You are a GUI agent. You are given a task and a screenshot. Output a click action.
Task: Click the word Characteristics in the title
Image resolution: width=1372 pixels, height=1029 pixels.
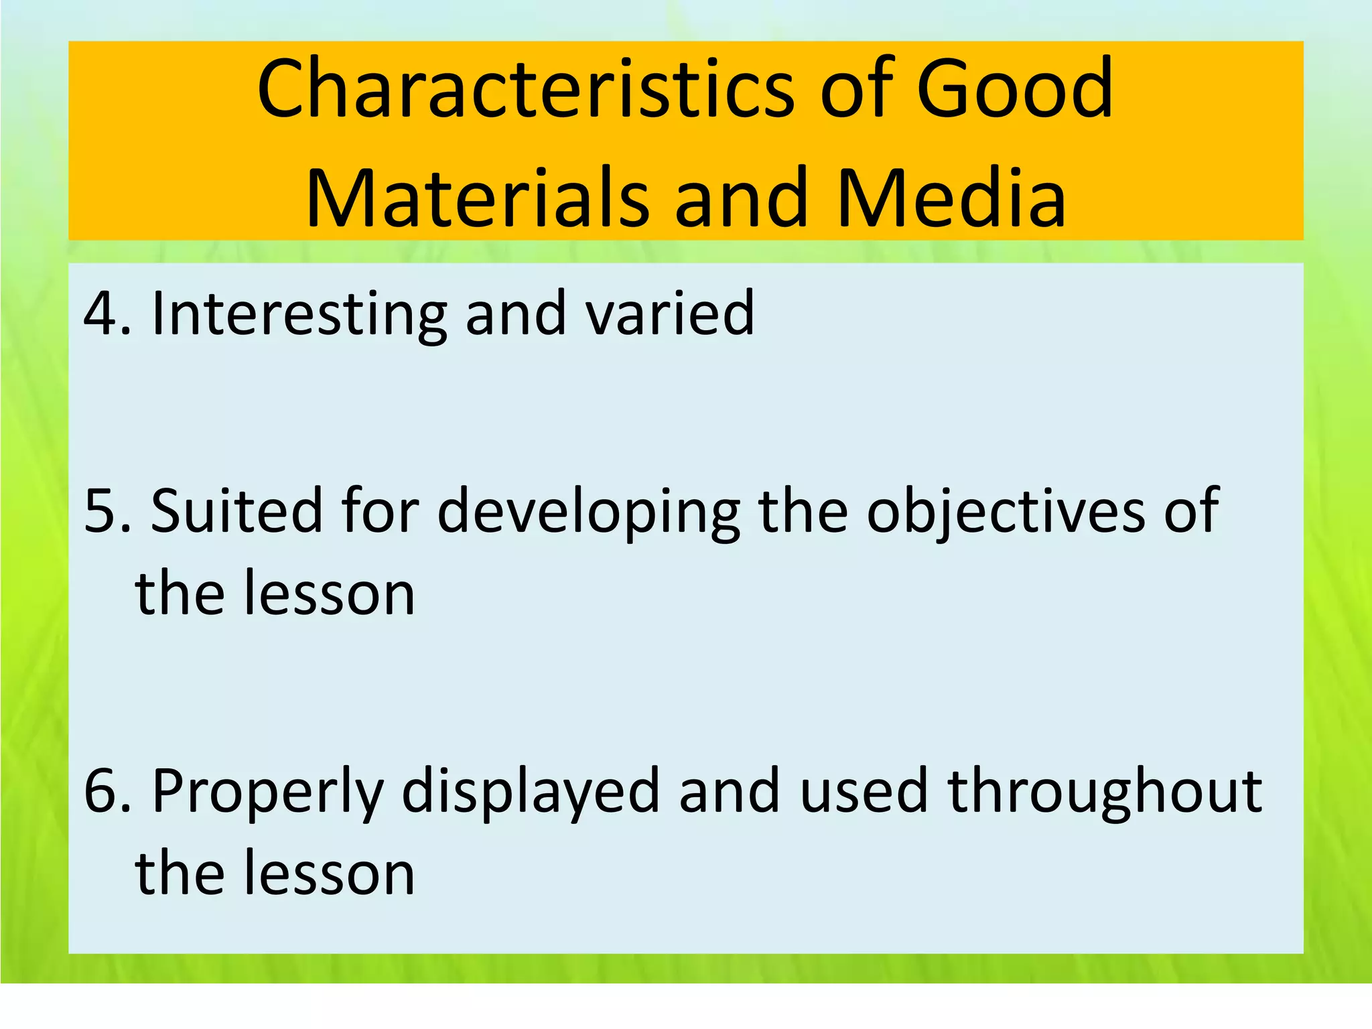pos(526,89)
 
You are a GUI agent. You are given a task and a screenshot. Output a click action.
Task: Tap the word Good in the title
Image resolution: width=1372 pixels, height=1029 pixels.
pos(1014,89)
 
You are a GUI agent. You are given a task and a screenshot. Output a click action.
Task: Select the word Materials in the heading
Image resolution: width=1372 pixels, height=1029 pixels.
pos(477,198)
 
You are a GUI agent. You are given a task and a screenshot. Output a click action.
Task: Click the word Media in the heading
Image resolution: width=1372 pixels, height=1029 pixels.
pos(951,198)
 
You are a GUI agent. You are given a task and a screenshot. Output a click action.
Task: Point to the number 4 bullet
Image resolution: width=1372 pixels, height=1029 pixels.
pos(99,314)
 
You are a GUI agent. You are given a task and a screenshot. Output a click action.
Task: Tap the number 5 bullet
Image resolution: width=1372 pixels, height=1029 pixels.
pos(99,511)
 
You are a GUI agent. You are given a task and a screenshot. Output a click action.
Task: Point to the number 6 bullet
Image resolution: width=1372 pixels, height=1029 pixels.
pos(99,791)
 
